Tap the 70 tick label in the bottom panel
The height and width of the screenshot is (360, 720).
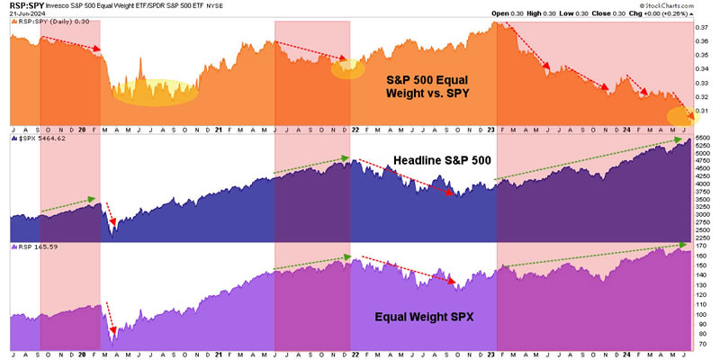pyautogui.click(x=704, y=345)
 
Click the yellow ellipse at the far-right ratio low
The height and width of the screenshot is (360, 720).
pyautogui.click(x=680, y=115)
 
